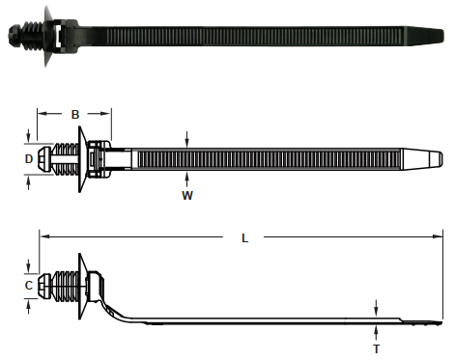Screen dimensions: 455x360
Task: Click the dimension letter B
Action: pos(75,114)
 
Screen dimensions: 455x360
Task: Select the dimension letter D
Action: pos(29,159)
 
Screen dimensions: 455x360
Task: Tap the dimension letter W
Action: pos(187,195)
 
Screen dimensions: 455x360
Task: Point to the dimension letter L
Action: pos(244,238)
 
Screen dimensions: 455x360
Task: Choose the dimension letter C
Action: pos(29,286)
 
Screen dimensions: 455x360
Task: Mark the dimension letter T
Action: pos(376,348)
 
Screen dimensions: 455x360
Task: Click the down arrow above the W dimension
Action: pos(186,139)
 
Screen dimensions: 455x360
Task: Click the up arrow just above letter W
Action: pos(186,180)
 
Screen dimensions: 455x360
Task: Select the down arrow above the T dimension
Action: pos(376,308)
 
